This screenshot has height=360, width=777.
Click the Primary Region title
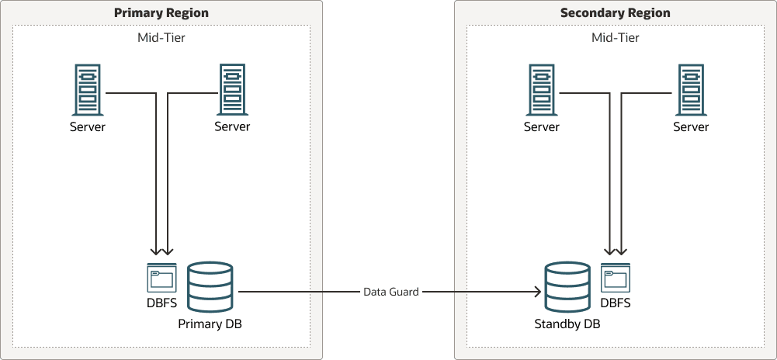[x=161, y=13]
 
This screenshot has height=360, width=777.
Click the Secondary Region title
[x=615, y=13]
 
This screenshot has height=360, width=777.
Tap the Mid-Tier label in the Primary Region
[x=161, y=37]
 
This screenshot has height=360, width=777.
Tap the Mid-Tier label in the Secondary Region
[x=615, y=37]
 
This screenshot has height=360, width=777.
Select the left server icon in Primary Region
[x=88, y=90]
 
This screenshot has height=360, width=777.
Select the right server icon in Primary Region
[x=232, y=90]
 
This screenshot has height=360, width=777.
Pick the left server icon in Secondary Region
[x=542, y=90]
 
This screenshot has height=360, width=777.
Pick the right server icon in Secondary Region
[x=691, y=90]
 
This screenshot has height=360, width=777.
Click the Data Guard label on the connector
[x=391, y=292]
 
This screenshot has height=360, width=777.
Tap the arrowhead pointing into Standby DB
[x=536, y=292]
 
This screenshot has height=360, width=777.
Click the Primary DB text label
[x=210, y=324]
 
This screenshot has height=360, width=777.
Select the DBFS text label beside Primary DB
[x=161, y=303]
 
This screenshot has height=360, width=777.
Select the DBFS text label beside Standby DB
[x=616, y=303]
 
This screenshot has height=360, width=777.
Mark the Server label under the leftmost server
[x=88, y=126]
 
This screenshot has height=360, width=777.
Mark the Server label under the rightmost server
[x=691, y=126]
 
